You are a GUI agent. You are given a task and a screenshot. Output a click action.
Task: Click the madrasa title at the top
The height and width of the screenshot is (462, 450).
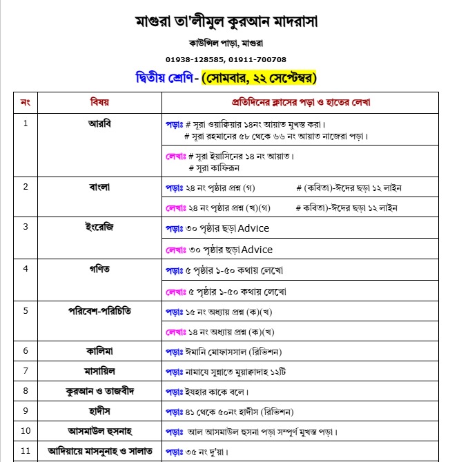[x=226, y=21]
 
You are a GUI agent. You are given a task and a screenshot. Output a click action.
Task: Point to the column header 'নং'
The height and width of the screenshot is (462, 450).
[x=26, y=102]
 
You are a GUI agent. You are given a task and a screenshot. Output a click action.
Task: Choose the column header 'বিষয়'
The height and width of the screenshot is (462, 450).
[x=99, y=102]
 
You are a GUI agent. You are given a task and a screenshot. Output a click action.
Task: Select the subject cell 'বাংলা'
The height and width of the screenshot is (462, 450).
[x=99, y=187]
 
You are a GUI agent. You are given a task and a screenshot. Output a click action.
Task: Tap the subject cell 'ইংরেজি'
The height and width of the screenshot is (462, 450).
[x=99, y=227]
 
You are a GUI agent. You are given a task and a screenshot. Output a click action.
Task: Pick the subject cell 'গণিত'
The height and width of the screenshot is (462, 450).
[x=99, y=268]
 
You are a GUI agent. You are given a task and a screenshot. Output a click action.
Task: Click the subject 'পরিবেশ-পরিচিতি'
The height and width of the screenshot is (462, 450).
[x=99, y=310]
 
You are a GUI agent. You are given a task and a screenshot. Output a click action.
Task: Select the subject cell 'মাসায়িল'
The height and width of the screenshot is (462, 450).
[x=99, y=371]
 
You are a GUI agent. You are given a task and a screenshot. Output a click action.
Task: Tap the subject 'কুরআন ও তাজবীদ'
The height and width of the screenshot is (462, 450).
[x=99, y=391]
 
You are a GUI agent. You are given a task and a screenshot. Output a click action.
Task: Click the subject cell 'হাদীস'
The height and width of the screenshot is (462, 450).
[x=99, y=412]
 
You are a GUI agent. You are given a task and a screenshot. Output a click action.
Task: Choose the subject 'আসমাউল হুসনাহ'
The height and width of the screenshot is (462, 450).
[x=99, y=432]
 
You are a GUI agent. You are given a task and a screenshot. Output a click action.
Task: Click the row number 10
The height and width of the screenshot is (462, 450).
[x=26, y=432]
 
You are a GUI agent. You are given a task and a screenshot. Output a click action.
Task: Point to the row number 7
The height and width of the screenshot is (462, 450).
[x=26, y=371]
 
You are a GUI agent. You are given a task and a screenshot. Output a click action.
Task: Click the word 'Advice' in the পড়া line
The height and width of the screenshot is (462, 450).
[x=255, y=228]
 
